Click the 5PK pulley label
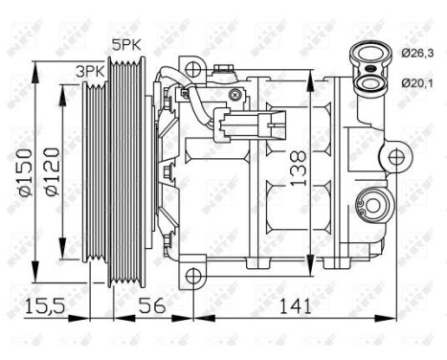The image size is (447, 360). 124,44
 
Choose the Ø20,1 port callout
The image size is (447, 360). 414,85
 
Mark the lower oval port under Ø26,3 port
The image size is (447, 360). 368,84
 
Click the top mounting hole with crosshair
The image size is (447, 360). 193,69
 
